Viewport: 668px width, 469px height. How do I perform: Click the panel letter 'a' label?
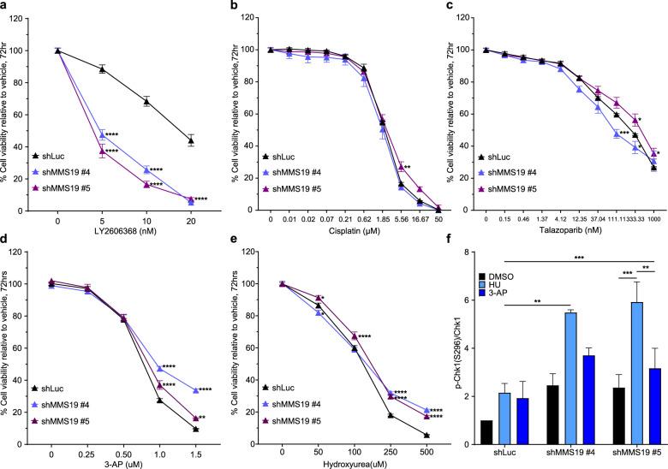click(x=5, y=7)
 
